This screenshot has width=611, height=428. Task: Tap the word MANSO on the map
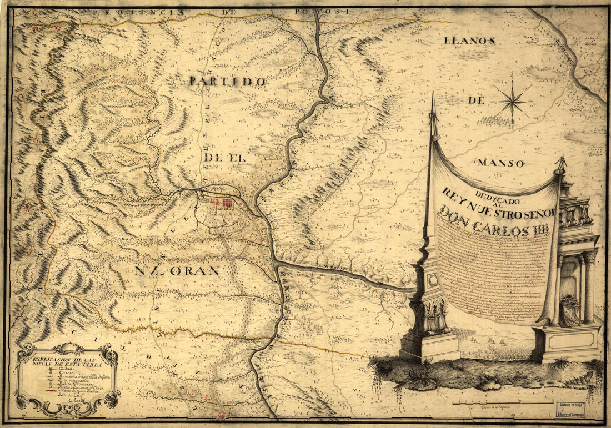pyautogui.click(x=500, y=164)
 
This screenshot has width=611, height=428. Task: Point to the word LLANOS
pyautogui.click(x=469, y=41)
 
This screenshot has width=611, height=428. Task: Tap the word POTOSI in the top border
pyautogui.click(x=329, y=11)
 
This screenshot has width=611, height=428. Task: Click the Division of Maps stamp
pyautogui.click(x=571, y=410)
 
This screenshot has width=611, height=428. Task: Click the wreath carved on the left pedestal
pyautogui.click(x=433, y=279)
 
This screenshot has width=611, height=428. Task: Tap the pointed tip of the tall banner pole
pyautogui.click(x=433, y=95)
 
